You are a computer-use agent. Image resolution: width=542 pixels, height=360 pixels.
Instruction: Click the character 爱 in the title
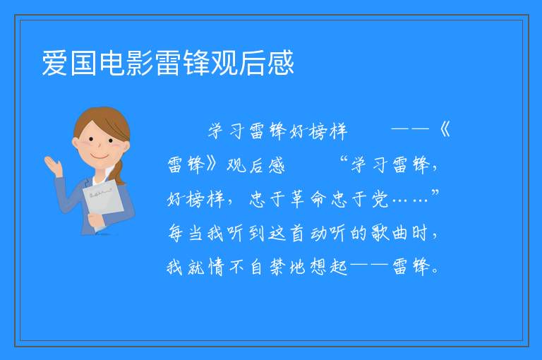pyautogui.click(x=55, y=63)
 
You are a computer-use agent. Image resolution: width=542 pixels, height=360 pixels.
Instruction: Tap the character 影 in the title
pyautogui.click(x=140, y=63)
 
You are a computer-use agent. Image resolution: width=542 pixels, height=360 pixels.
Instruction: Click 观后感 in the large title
pyautogui.click(x=252, y=63)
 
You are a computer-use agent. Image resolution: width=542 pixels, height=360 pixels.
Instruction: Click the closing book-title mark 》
pyautogui.click(x=211, y=164)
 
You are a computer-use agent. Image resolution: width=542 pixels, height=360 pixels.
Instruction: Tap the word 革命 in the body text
pyautogui.click(x=308, y=199)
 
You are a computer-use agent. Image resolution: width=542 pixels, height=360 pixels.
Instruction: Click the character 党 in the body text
pyautogui.click(x=380, y=199)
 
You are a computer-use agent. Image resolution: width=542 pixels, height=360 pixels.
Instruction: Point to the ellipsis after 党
pyautogui.click(x=411, y=200)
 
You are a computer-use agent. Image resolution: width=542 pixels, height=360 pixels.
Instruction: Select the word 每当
pyautogui.click(x=186, y=232)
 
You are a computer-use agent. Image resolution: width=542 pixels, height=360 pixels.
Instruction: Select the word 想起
pyautogui.click(x=328, y=267)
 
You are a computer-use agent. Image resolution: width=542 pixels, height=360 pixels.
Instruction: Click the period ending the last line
pyautogui.click(x=435, y=271)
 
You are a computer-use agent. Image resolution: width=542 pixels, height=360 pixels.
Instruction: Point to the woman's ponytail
pyautogui.click(x=119, y=172)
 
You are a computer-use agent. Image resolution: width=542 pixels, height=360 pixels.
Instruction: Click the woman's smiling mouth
pyautogui.click(x=100, y=156)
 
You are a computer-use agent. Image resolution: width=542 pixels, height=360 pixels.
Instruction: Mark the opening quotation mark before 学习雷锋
pyautogui.click(x=344, y=160)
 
